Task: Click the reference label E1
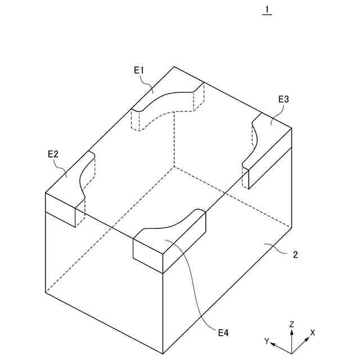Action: point(139,70)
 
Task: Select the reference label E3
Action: point(283,99)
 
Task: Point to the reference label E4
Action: point(223,333)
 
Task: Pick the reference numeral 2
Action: point(295,254)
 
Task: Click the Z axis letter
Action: point(291,325)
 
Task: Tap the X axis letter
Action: point(313,332)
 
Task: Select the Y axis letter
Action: point(267,341)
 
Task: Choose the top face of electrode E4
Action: point(169,239)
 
